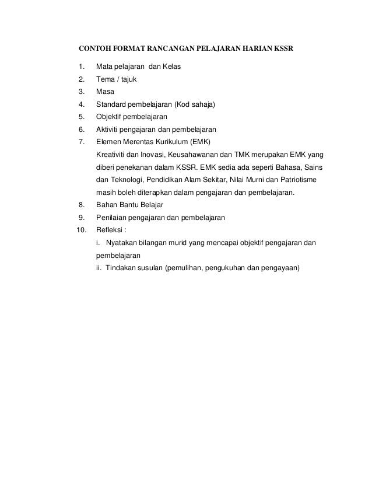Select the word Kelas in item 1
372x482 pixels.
click(170, 67)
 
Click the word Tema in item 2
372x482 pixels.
click(106, 79)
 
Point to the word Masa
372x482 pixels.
click(106, 92)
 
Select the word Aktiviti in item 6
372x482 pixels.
click(109, 130)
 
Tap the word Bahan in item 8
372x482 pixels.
click(107, 205)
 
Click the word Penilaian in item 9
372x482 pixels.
click(112, 218)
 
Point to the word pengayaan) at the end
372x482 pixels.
click(278, 268)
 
